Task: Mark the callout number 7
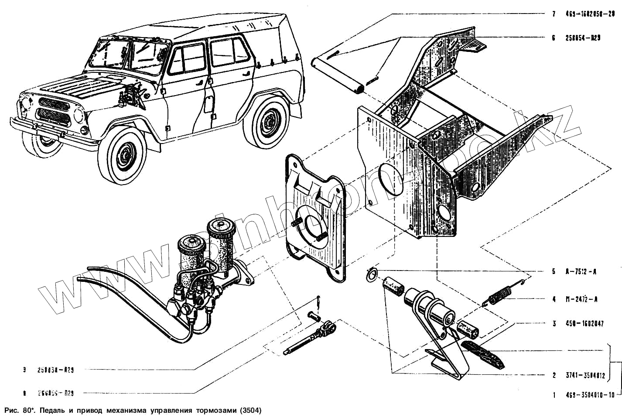[554, 14]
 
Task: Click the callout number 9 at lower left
[25, 370]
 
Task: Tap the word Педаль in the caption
[51, 411]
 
